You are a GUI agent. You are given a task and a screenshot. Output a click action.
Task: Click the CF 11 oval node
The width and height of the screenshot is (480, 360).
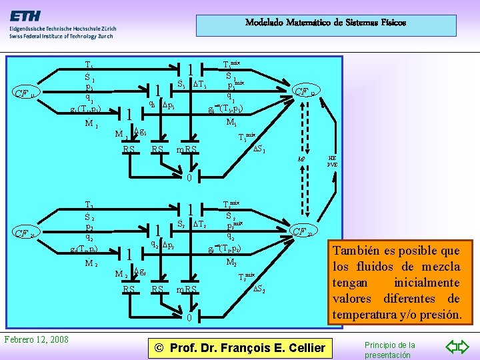pyautogui.click(x=29, y=93)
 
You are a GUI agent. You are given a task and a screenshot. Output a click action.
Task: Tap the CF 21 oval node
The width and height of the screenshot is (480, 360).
pyautogui.click(x=29, y=233)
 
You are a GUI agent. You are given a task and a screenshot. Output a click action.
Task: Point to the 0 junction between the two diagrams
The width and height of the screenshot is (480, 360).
pyautogui.click(x=189, y=178)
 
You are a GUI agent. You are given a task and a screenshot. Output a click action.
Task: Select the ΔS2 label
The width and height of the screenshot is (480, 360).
pyautogui.click(x=259, y=289)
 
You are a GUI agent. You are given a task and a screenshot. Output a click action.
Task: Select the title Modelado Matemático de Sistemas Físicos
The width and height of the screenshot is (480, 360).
pyautogui.click(x=325, y=23)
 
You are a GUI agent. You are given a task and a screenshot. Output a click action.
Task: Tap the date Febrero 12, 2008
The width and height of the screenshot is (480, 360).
pyautogui.click(x=36, y=339)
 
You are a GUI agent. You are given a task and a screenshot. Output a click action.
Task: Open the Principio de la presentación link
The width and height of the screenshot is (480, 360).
pyautogui.click(x=389, y=349)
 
